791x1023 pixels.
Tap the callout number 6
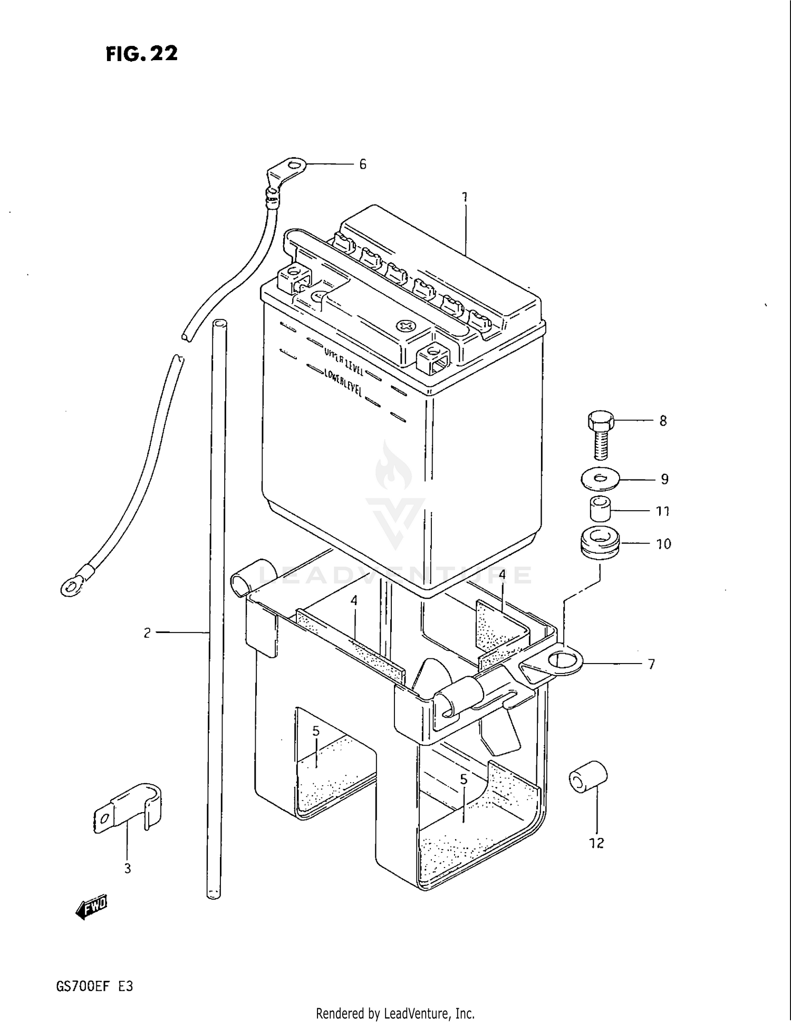point(362,164)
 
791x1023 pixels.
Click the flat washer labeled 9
point(600,479)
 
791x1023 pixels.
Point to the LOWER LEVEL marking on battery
point(342,382)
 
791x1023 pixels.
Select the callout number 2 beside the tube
point(147,632)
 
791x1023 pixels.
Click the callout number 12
point(596,843)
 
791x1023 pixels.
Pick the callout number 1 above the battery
point(465,198)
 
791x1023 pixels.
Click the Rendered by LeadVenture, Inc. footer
point(395,1013)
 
